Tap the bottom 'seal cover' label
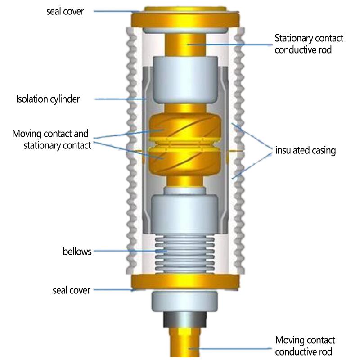pos(71,290)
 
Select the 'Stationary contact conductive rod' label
pos(309,44)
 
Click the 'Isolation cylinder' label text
pos(48,99)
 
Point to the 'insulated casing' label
pos(306,150)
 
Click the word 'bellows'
pos(77,251)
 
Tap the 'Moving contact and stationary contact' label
pos(51,139)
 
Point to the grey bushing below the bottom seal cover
pos(184,301)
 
